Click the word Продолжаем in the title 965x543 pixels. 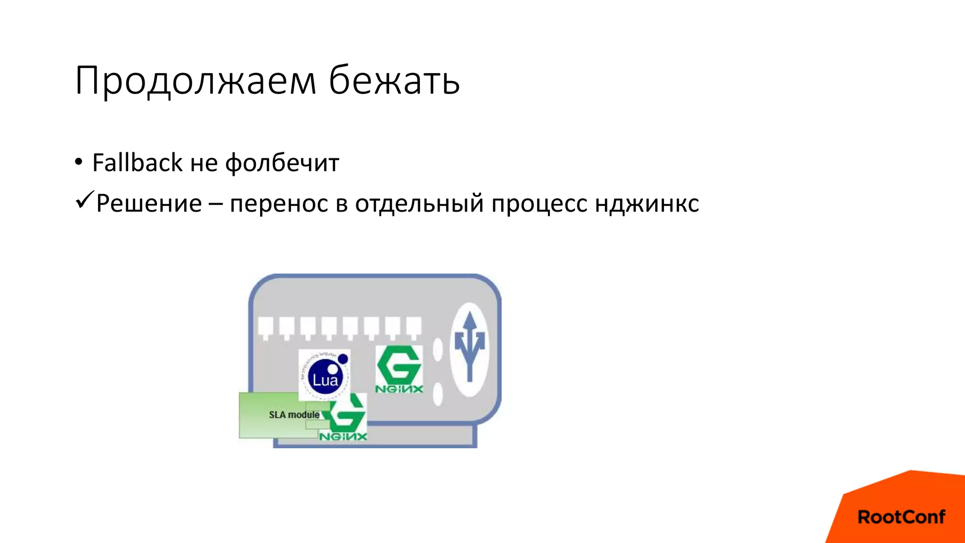(x=195, y=81)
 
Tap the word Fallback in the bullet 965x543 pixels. (x=137, y=163)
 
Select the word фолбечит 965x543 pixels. (x=282, y=164)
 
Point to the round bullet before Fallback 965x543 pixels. (x=79, y=162)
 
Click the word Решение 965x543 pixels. (x=149, y=204)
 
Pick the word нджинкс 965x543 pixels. (x=646, y=204)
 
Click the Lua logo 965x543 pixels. (x=325, y=375)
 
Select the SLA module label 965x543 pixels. (x=294, y=415)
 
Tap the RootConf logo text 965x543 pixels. (x=901, y=517)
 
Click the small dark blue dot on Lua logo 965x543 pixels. (x=343, y=359)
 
